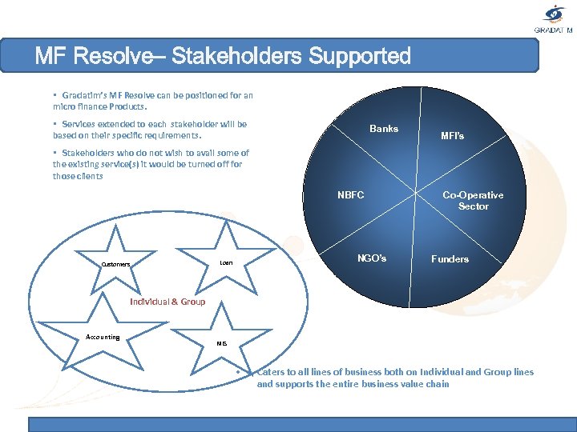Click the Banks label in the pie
[x=383, y=129]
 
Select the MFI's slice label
[x=452, y=136]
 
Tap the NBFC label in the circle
[x=350, y=195]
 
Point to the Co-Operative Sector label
[x=473, y=201]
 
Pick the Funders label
[x=450, y=259]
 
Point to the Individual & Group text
[x=167, y=302]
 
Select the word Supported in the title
[x=358, y=57]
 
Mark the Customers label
[x=115, y=265]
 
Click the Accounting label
[x=103, y=337]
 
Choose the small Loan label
[x=226, y=262]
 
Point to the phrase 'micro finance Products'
[x=99, y=106]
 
